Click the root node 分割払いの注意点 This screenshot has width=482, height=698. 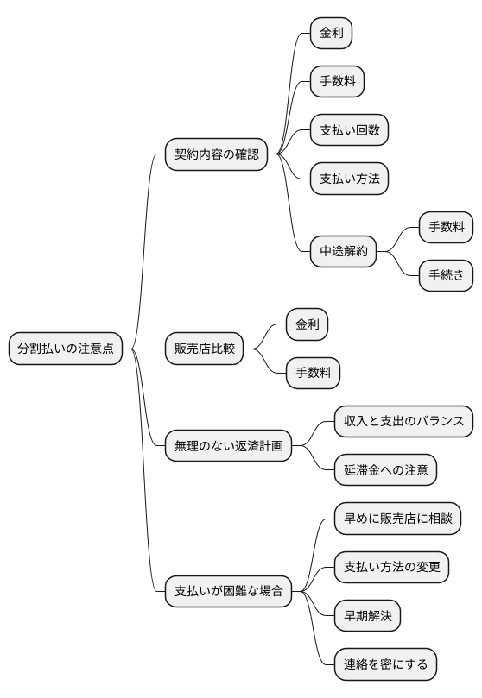tap(66, 349)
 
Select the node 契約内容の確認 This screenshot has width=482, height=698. tap(216, 154)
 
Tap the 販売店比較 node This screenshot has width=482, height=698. tap(204, 349)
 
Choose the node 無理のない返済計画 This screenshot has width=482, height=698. tap(228, 446)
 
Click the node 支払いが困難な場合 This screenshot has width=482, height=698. tap(228, 592)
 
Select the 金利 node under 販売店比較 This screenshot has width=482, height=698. tap(308, 324)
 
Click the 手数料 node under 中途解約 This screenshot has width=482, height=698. tap(446, 228)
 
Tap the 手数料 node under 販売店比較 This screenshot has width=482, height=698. tap(314, 373)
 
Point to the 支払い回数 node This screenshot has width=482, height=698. tap(349, 130)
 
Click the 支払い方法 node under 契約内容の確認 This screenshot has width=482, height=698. tap(349, 179)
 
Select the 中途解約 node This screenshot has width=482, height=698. tap(344, 252)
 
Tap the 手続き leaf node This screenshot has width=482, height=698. tap(446, 276)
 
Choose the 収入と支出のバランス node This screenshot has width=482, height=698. tap(403, 422)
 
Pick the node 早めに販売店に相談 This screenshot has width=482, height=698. tap(397, 519)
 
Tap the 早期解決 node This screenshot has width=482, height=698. tap(367, 616)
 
